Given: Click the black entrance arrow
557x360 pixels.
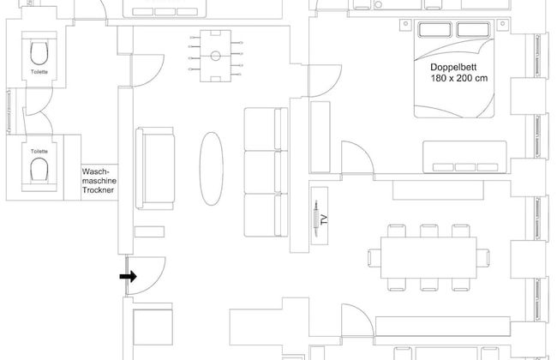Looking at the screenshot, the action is point(129,276).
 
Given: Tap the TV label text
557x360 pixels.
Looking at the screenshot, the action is point(324,219).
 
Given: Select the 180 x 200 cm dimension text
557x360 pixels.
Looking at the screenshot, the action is point(459,78).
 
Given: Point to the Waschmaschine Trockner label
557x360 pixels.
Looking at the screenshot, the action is point(99,181).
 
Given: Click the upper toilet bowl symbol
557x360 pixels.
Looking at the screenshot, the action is point(39,53).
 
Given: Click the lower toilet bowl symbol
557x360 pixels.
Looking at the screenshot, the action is point(39,169).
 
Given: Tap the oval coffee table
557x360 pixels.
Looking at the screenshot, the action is point(212,169).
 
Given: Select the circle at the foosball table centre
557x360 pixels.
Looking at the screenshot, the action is point(216,56).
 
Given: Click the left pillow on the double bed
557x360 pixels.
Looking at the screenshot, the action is point(435,30).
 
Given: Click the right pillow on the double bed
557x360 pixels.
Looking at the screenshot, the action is point(474,30).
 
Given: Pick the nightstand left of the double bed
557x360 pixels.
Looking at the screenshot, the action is point(405,24).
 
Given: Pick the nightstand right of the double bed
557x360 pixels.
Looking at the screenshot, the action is point(502,24).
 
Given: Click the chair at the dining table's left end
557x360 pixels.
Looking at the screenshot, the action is point(374,258).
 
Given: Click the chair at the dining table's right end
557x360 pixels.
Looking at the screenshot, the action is point(482,258).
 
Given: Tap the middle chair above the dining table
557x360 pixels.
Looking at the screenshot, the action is point(428,231).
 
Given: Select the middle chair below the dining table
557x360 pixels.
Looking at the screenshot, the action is point(428,285).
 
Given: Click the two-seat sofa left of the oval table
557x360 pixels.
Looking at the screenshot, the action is point(155,168).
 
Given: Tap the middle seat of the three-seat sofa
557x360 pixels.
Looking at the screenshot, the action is point(266,172).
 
